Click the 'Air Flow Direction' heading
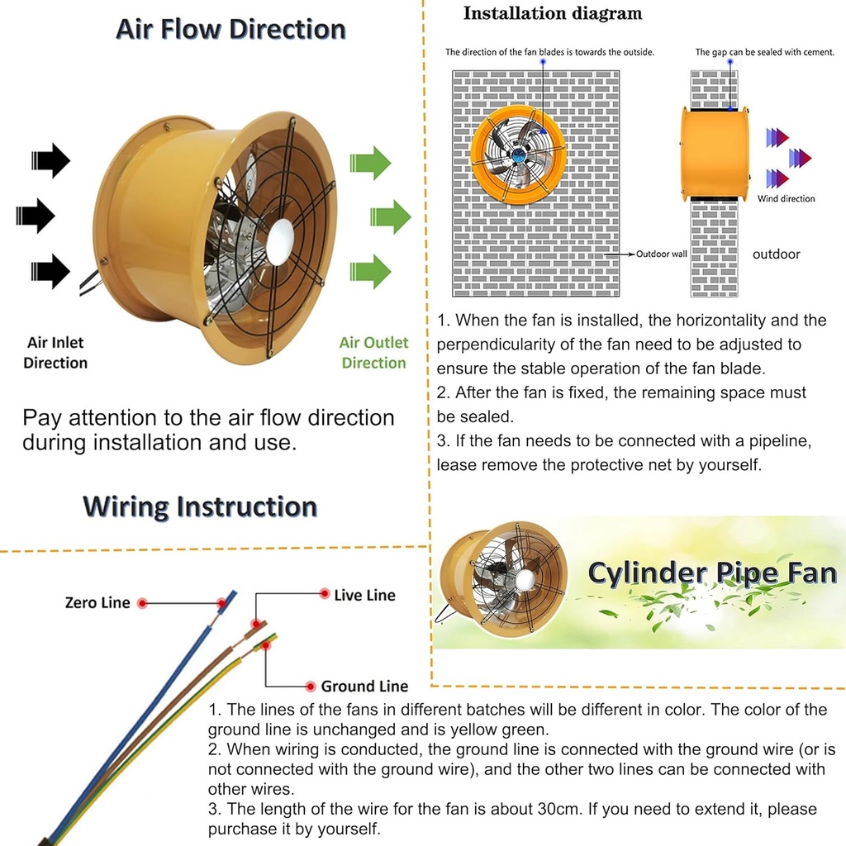[x=231, y=29]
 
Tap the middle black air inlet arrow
[x=36, y=216]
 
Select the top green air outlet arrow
[x=370, y=163]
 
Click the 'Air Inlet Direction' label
[x=55, y=353]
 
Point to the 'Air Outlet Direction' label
[x=373, y=353]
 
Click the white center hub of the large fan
[x=279, y=241]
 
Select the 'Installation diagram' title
[x=552, y=13]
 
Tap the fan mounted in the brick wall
[x=518, y=154]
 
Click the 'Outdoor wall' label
[x=661, y=254]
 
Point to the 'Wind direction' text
[x=786, y=198]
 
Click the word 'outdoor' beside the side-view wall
[x=776, y=254]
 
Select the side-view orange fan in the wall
[x=715, y=154]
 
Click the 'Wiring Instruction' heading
[x=200, y=506]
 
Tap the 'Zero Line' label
[x=97, y=603]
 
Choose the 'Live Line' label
[x=364, y=595]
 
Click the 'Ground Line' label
[x=364, y=686]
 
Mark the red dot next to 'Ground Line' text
[x=311, y=687]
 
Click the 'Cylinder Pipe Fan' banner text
[x=711, y=573]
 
